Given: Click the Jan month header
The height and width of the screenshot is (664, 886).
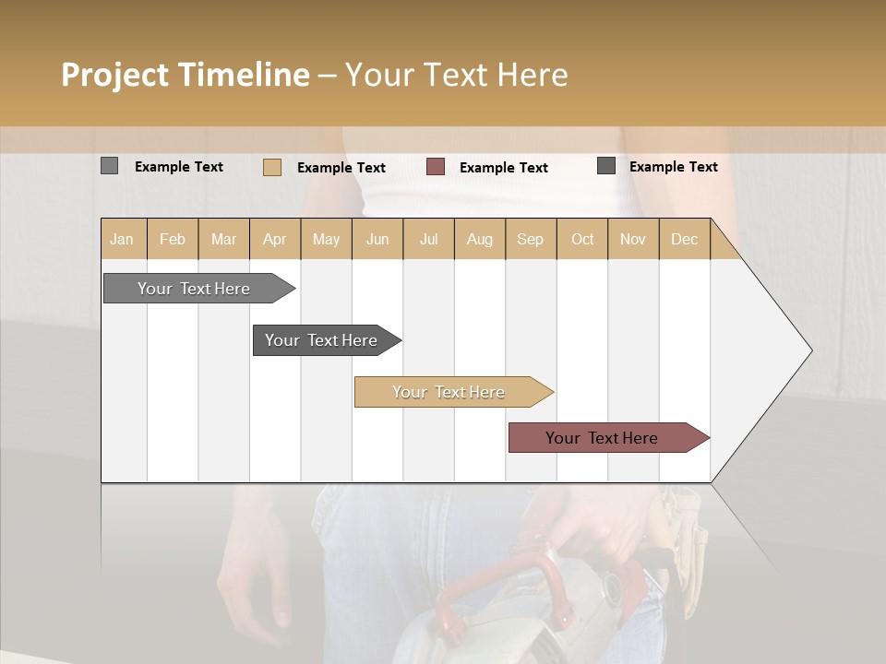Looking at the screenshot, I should click(123, 239).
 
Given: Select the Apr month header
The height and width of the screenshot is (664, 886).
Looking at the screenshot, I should click(275, 239).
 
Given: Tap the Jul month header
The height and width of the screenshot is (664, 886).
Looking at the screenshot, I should click(428, 239).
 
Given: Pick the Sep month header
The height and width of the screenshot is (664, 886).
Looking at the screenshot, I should click(531, 239).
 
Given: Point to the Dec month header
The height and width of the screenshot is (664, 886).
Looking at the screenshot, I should click(684, 239).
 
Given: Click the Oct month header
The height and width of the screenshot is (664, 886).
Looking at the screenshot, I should click(582, 239).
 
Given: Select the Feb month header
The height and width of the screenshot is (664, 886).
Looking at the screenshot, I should click(173, 239).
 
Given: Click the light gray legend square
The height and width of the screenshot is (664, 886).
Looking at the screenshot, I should click(109, 166).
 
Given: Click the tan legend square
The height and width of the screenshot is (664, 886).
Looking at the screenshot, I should click(271, 167).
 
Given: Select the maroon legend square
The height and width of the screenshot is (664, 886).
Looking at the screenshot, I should click(436, 166).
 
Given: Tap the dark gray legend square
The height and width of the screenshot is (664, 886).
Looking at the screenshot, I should click(606, 165).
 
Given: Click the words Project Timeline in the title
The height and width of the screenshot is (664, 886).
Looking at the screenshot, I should click(185, 75).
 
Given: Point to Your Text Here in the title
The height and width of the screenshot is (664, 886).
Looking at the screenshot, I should click(457, 75).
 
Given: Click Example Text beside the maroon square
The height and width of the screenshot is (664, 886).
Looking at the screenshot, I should click(503, 167).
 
